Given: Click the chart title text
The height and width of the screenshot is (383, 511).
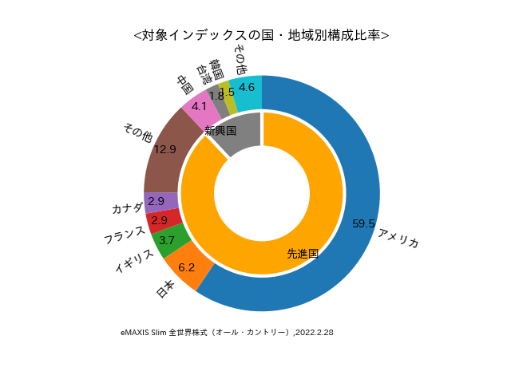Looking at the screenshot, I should [262, 35].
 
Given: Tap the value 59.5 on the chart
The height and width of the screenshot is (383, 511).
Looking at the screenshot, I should [363, 224].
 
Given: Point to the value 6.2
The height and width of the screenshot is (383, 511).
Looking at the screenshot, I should [187, 267].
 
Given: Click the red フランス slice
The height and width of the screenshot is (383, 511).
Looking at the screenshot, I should [163, 219].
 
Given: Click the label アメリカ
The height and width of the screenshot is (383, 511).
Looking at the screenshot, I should [398, 238].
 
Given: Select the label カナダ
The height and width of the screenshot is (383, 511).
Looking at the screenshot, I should [127, 208].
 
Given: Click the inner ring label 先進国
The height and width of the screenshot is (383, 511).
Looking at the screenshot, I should [303, 254].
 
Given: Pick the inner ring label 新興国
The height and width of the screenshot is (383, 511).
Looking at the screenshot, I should [220, 130].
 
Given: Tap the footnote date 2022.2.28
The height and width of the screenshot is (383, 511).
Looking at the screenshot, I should [315, 332].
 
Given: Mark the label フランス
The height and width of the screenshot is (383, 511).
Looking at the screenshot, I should [125, 234].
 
